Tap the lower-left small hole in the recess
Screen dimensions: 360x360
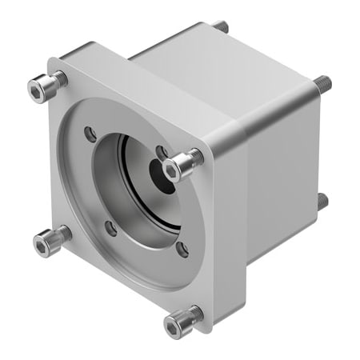coord(111,229)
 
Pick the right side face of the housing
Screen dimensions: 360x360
coord(280,184)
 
